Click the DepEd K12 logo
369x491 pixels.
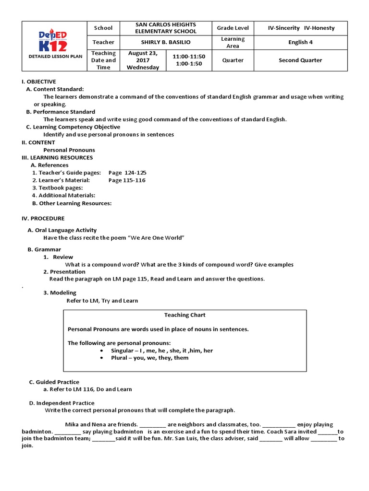point(53,40)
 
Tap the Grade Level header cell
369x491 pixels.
point(233,28)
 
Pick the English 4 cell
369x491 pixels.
point(300,42)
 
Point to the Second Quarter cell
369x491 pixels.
point(300,60)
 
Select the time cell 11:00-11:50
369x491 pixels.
point(189,57)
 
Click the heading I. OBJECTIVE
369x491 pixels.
point(39,82)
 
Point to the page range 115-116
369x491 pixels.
point(127,180)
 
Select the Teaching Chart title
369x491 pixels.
point(185,315)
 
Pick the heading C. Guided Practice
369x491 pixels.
point(54,382)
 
